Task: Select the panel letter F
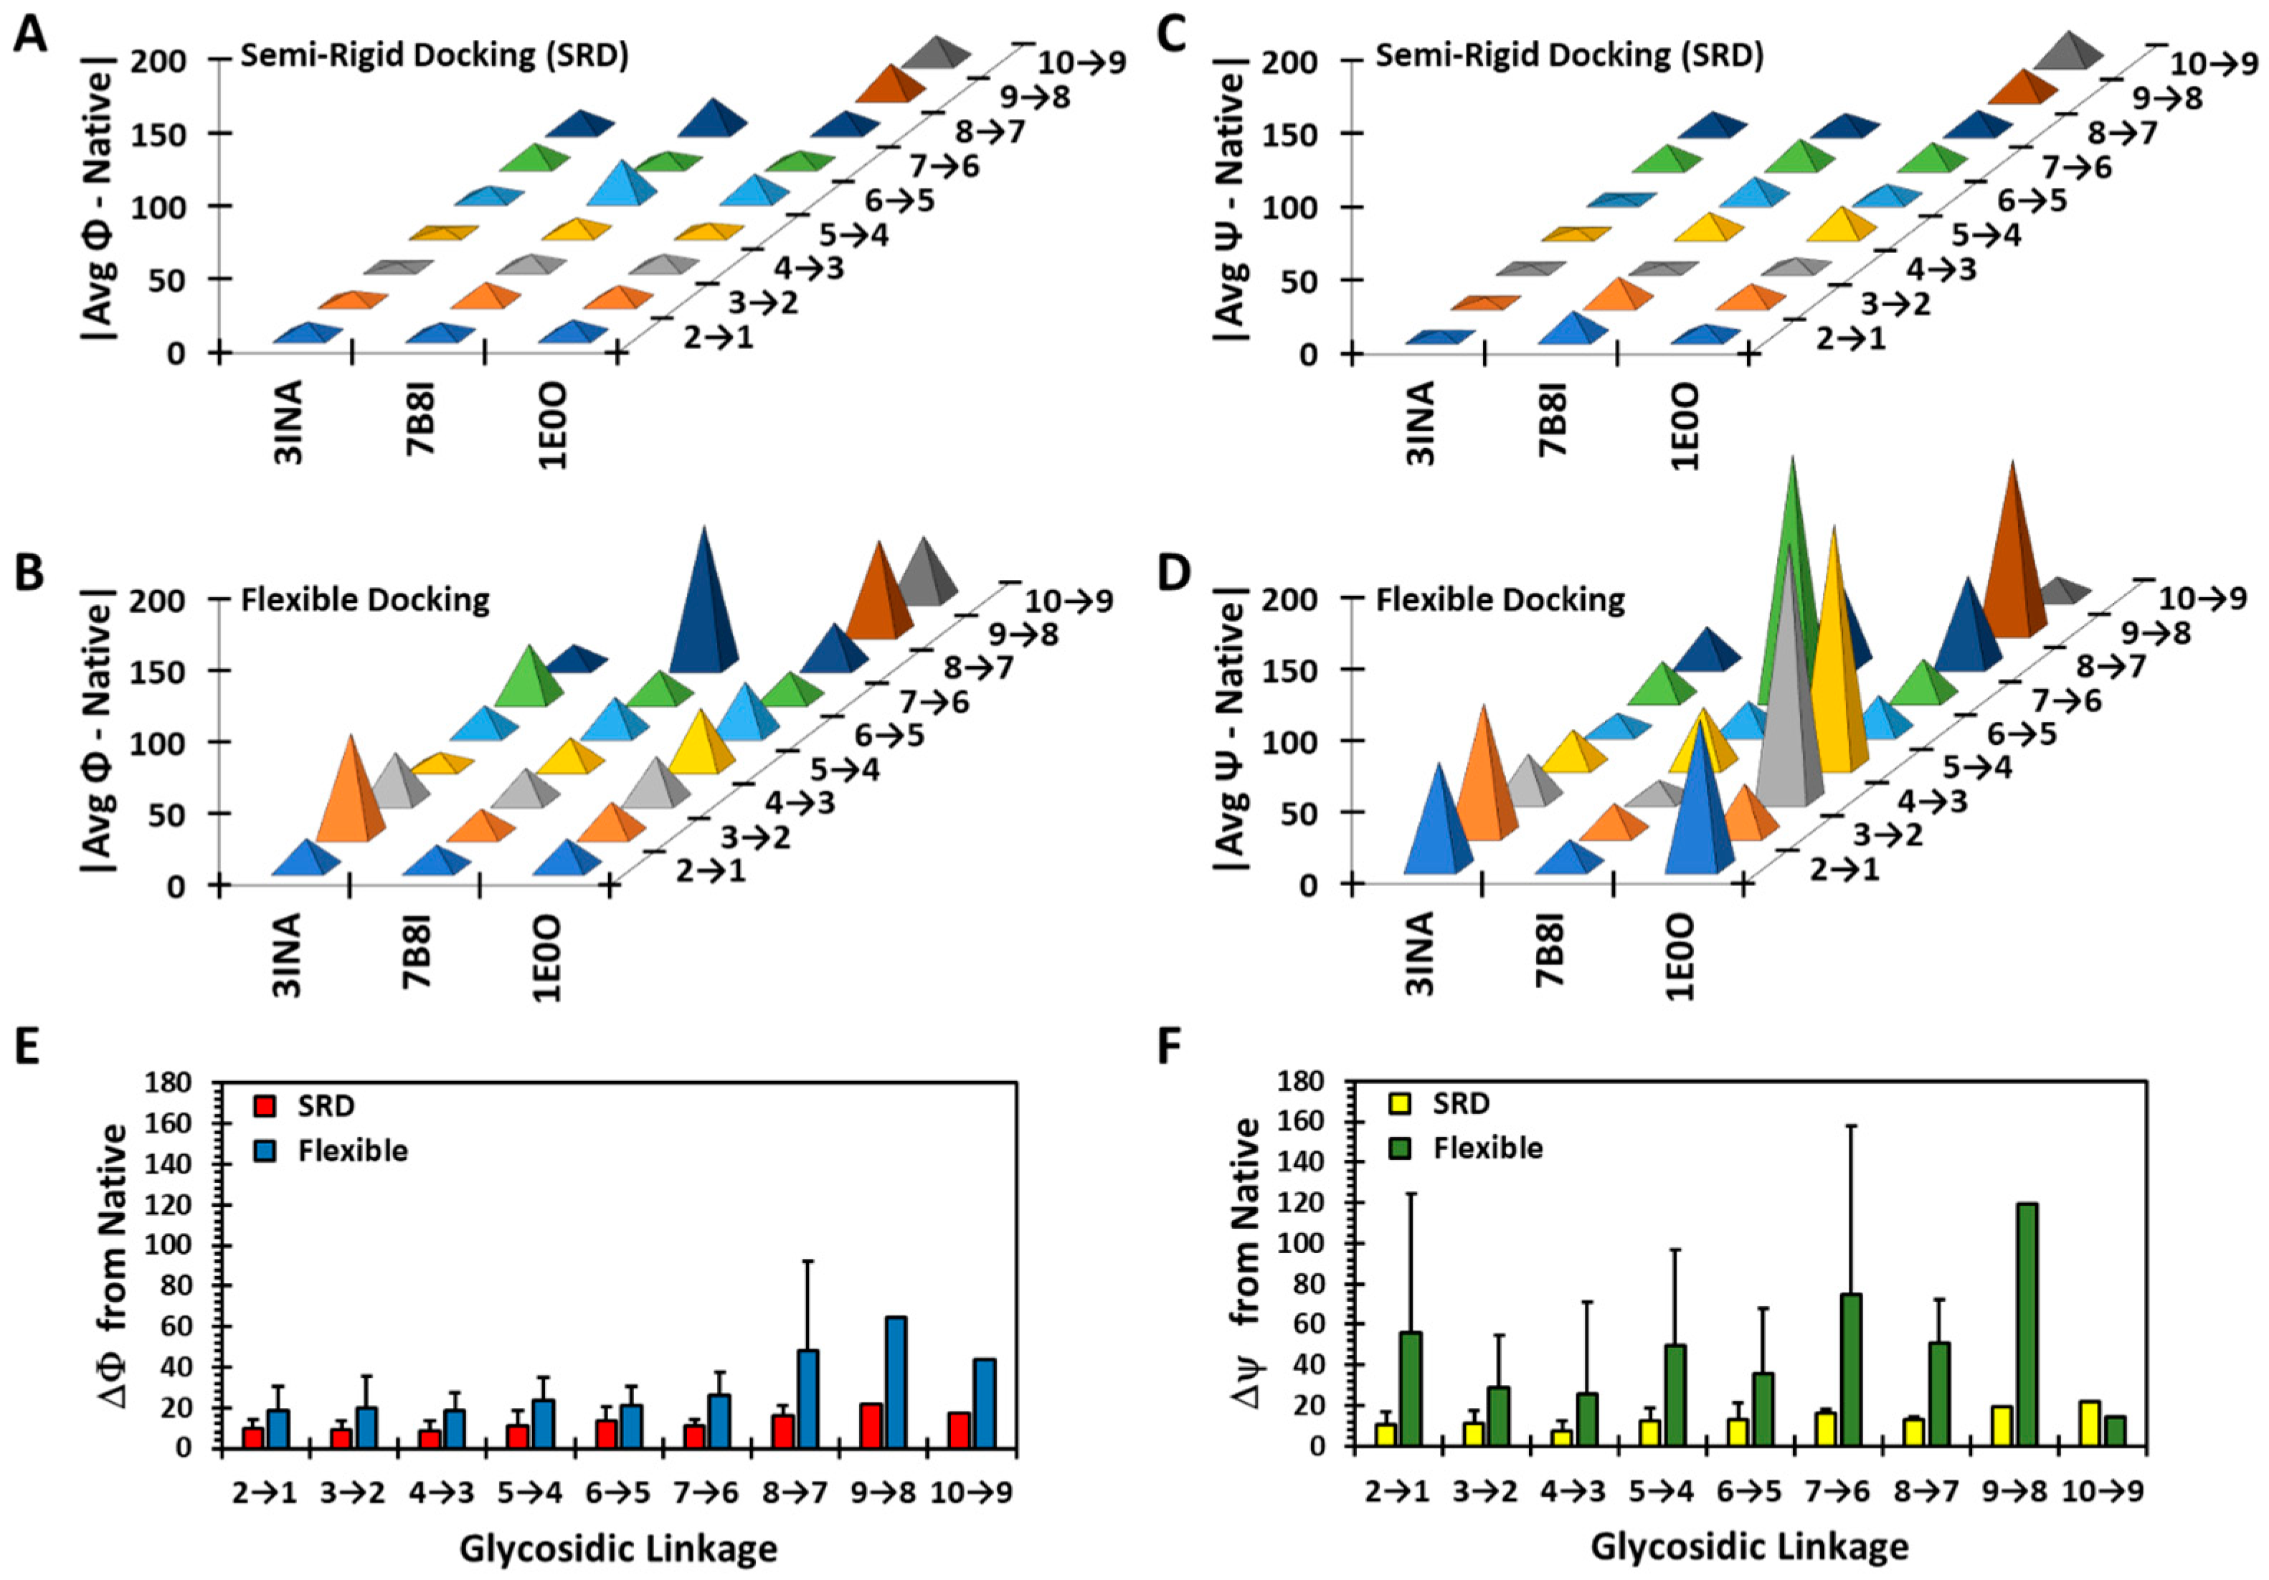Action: pyautogui.click(x=1170, y=1047)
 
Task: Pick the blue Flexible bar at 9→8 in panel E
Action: pyautogui.click(x=896, y=1381)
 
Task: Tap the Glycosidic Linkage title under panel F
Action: pyautogui.click(x=1749, y=1546)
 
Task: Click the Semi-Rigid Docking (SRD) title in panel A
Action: pyautogui.click(x=435, y=55)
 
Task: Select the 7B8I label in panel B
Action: pyautogui.click(x=418, y=951)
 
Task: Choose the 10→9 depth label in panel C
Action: pyautogui.click(x=2214, y=65)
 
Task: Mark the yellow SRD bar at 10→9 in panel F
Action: pyautogui.click(x=2089, y=1424)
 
